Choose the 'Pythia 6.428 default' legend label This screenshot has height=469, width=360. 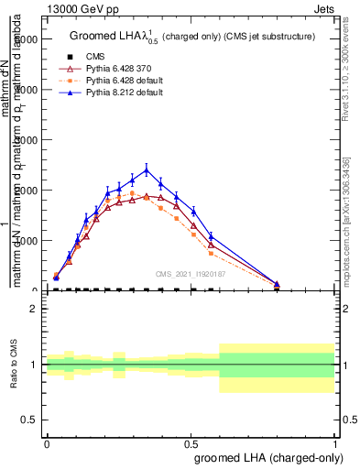119,81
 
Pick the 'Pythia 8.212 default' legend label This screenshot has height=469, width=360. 119,93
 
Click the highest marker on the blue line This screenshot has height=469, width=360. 147,169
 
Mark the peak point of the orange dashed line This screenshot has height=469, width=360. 132,193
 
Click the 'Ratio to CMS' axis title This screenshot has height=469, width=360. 14,365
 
